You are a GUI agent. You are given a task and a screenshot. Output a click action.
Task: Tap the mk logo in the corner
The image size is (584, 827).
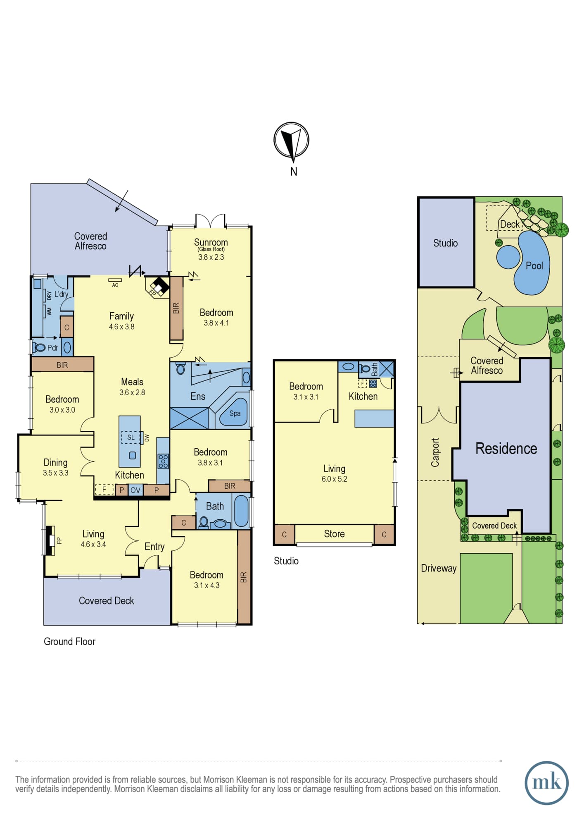(x=546, y=782)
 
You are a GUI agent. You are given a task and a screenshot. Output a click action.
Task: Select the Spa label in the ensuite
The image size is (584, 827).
(x=235, y=413)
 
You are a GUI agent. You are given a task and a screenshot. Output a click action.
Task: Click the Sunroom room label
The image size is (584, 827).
(x=211, y=242)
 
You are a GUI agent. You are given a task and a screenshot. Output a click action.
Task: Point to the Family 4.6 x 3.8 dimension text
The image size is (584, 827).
(x=121, y=327)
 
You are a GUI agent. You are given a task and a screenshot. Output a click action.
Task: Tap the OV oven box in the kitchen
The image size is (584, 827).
(x=135, y=490)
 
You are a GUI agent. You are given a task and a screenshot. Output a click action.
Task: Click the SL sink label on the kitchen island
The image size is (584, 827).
(x=131, y=437)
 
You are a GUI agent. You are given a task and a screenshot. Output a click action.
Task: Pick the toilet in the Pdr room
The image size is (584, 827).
(x=40, y=347)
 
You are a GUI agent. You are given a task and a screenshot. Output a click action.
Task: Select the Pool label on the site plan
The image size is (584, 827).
(x=534, y=266)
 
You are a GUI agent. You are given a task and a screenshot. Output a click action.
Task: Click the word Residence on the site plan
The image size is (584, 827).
(x=506, y=449)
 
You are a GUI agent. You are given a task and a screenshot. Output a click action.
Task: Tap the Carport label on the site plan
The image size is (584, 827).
(x=435, y=452)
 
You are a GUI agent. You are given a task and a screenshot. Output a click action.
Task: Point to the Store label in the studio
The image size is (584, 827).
(x=334, y=534)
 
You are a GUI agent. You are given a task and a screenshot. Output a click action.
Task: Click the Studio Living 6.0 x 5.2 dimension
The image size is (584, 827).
(x=335, y=479)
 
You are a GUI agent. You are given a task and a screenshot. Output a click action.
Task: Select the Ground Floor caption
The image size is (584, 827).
(x=69, y=641)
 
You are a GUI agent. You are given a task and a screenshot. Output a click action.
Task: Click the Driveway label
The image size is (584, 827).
(x=439, y=568)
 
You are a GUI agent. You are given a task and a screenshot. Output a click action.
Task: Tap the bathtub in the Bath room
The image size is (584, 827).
(x=241, y=511)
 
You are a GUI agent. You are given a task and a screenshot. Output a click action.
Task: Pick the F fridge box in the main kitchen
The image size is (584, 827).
(x=104, y=490)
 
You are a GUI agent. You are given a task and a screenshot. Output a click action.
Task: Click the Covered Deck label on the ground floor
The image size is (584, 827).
(x=107, y=601)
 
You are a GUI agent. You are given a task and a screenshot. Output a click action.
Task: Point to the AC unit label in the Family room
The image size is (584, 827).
(x=115, y=285)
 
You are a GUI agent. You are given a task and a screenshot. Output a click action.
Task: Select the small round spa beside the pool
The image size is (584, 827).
(x=508, y=257)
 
